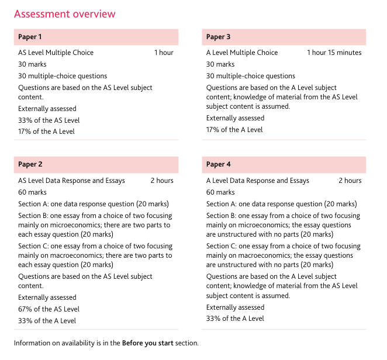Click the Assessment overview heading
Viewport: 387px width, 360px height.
tap(64, 14)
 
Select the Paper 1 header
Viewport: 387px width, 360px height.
tap(30, 37)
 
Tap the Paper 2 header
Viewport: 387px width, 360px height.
tap(30, 164)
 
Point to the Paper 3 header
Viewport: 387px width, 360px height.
tap(218, 37)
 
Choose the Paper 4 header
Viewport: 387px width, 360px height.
tap(218, 164)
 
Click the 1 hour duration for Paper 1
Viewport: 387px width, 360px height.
tap(164, 53)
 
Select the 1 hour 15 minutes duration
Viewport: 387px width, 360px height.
tap(334, 53)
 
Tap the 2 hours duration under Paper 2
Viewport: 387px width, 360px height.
tap(162, 181)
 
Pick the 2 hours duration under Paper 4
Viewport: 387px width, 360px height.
tap(350, 181)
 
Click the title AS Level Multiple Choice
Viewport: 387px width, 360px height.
tap(56, 53)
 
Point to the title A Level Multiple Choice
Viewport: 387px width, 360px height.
tap(242, 53)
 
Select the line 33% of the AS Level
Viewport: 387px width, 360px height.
tap(49, 120)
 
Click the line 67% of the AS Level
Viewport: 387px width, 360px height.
tap(49, 309)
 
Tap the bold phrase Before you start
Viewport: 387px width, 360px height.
tap(147, 343)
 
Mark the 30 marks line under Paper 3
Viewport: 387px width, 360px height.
tap(220, 64)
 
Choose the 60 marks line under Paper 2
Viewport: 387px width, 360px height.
tap(32, 192)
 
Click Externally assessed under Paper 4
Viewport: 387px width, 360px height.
tap(235, 307)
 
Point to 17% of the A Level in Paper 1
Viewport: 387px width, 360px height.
tap(46, 131)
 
